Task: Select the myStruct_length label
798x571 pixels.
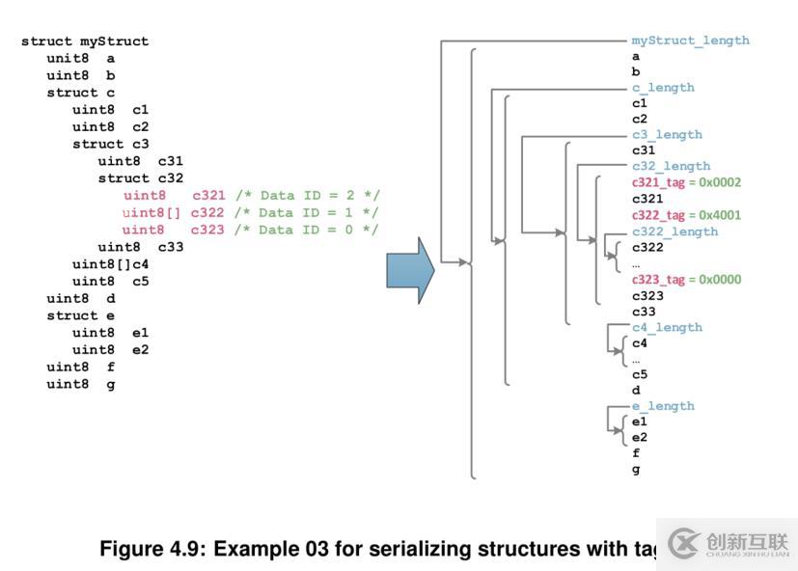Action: point(690,41)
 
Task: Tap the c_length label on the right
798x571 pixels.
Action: point(663,88)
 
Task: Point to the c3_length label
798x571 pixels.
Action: point(667,135)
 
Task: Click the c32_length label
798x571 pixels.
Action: point(671,167)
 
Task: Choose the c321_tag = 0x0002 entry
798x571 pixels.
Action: point(686,182)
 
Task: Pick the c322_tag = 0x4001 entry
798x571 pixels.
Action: point(686,215)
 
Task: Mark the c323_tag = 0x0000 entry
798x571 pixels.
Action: point(686,280)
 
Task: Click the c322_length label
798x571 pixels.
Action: point(674,231)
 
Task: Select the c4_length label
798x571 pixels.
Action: point(667,328)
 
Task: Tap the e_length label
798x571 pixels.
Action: point(663,407)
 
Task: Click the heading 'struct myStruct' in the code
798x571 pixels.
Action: point(85,41)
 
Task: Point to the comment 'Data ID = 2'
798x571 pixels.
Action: point(308,196)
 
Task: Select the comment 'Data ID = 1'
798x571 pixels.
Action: point(308,213)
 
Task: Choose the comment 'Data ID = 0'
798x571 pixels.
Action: point(308,230)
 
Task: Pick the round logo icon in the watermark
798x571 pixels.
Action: point(683,543)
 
